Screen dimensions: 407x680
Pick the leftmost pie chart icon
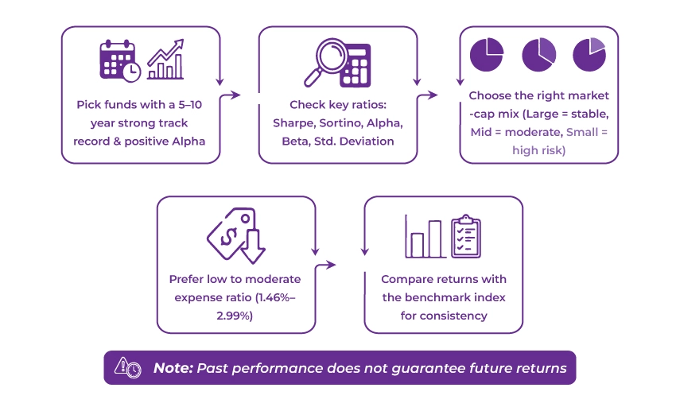tap(487, 53)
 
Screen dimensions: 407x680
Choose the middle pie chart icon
tap(538, 53)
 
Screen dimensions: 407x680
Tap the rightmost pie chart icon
tap(589, 53)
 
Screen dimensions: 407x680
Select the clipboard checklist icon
tap(466, 236)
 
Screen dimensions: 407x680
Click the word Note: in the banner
tap(172, 368)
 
